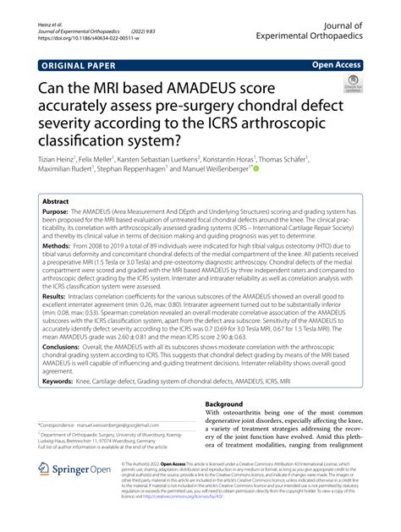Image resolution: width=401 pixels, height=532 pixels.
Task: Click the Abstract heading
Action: tap(58, 203)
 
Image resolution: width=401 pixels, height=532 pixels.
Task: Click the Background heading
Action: tap(231, 404)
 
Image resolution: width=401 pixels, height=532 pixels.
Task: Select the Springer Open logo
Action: tap(75, 493)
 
